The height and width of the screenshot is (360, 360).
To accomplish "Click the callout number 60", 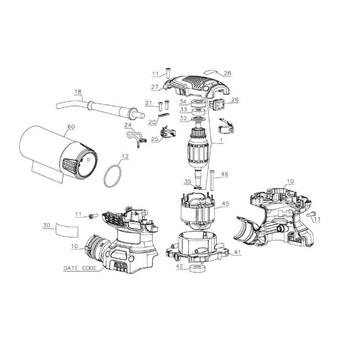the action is pyautogui.click(x=71, y=126).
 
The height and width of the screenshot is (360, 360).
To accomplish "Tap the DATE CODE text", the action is pyautogui.click(x=80, y=268).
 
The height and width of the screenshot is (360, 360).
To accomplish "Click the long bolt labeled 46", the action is pyautogui.click(x=212, y=180).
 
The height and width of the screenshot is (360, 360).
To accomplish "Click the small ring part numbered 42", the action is pyautogui.click(x=197, y=268).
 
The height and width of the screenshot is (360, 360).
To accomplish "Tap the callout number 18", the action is pyautogui.click(x=78, y=92).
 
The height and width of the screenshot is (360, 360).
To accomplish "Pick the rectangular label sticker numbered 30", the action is pyautogui.click(x=67, y=229).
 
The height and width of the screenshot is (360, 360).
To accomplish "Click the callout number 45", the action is pyautogui.click(x=225, y=203).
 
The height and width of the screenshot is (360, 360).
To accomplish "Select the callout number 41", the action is pyautogui.click(x=237, y=252).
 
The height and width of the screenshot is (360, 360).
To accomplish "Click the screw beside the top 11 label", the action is pyautogui.click(x=168, y=73).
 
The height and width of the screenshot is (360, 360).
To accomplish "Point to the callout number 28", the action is pyautogui.click(x=228, y=73).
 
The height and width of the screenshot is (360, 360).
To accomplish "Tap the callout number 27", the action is pyautogui.click(x=155, y=87).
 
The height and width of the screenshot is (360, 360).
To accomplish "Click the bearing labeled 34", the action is pyautogui.click(x=197, y=103).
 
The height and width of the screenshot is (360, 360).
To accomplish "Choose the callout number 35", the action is pyautogui.click(x=187, y=181).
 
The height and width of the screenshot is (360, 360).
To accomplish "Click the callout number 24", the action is pyautogui.click(x=128, y=125).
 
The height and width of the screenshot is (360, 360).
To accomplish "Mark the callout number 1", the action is pyautogui.click(x=221, y=140).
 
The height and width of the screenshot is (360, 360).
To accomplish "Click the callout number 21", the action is pyautogui.click(x=148, y=103).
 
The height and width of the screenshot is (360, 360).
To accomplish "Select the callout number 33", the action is pyautogui.click(x=184, y=110).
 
